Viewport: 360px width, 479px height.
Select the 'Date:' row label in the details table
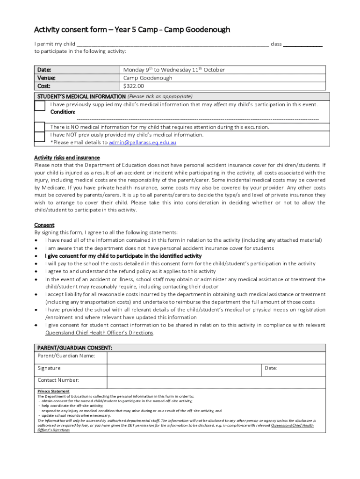(44, 70)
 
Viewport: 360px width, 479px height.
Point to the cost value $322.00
(134, 87)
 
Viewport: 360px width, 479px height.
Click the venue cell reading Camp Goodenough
(148, 78)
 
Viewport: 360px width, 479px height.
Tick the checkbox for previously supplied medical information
(40, 106)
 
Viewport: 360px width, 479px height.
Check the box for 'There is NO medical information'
(40, 127)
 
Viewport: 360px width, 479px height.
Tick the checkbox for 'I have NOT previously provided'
(40, 137)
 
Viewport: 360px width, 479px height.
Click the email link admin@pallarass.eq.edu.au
(143, 143)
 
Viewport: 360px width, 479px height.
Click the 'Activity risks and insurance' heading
(67, 158)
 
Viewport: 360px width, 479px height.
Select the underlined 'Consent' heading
(44, 225)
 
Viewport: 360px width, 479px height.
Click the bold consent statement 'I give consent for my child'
(123, 256)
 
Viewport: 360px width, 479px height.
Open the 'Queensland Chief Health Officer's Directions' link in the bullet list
(99, 333)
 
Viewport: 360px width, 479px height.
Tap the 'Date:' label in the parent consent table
(271, 369)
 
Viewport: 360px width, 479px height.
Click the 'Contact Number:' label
(58, 380)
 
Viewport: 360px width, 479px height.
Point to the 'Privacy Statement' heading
(53, 391)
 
